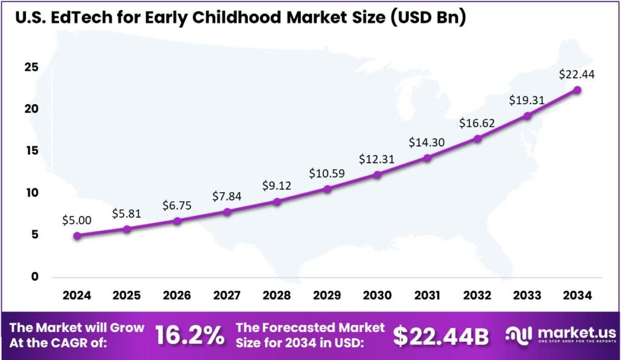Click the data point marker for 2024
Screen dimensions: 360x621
(77, 236)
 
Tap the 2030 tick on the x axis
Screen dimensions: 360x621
(377, 295)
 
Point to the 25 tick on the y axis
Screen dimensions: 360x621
(32, 67)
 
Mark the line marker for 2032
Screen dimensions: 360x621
(478, 139)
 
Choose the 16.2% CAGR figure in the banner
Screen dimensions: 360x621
(190, 336)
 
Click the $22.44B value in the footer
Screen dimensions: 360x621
(441, 336)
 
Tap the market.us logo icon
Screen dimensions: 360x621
(518, 335)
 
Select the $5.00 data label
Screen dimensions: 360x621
(77, 220)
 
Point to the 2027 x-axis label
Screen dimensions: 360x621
(227, 295)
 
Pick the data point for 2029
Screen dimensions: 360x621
(327, 189)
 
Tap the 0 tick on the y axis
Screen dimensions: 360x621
(35, 277)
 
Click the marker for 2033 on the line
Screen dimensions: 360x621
(528, 116)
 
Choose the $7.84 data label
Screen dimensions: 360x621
(227, 196)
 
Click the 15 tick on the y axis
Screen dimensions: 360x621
(32, 151)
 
